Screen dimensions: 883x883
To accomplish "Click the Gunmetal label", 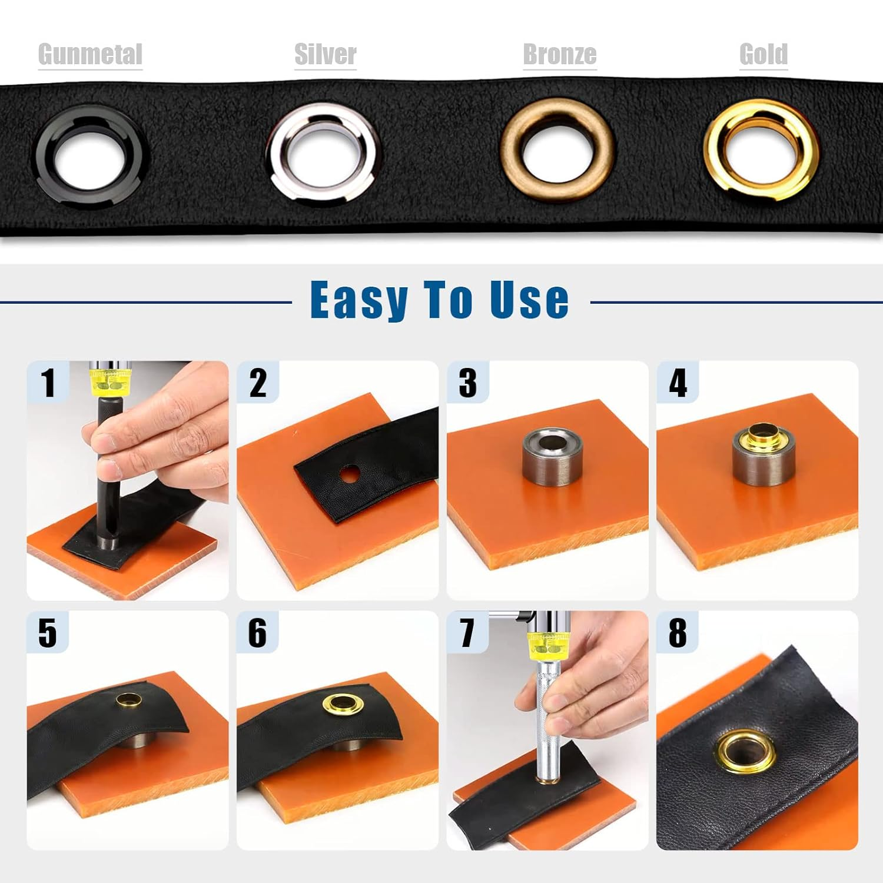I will click(90, 55).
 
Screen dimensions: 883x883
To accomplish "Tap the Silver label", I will click(325, 55).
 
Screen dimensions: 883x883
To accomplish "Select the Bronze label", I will click(559, 55).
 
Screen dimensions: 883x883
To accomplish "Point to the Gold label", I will click(764, 55).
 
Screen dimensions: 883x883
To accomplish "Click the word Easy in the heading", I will click(358, 300).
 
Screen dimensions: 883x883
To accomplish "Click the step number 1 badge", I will click(48, 383).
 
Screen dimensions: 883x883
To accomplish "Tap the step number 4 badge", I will click(678, 383).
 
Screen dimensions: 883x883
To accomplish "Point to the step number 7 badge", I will click(467, 633).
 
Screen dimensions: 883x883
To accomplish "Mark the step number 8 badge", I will click(678, 633).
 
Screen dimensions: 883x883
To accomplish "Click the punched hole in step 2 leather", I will click(350, 473).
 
